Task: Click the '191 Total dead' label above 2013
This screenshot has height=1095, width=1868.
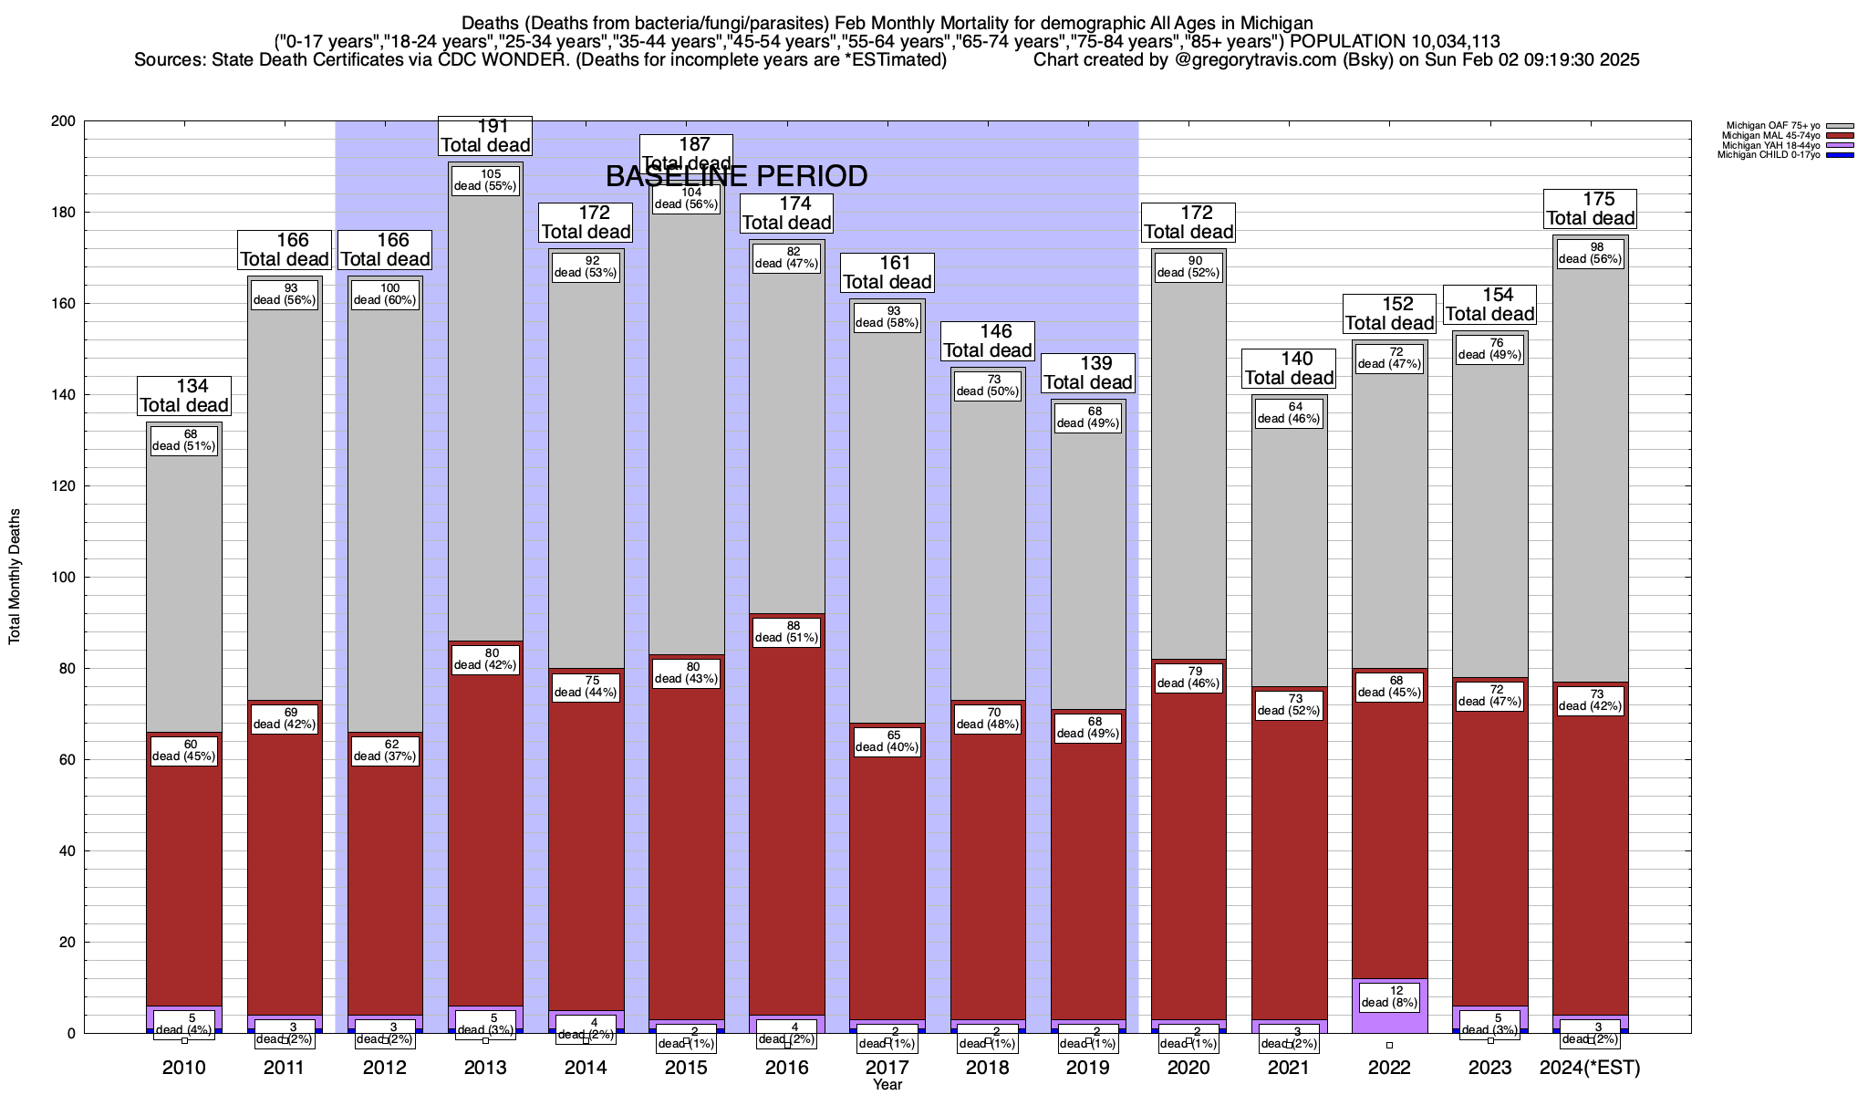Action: (x=485, y=136)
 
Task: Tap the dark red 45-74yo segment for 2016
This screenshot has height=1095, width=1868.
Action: (x=786, y=821)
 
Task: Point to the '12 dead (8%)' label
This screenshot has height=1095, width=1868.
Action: (x=1389, y=996)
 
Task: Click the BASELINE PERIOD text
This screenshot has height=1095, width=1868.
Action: (x=736, y=176)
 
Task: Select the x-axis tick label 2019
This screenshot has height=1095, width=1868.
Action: (x=1088, y=1068)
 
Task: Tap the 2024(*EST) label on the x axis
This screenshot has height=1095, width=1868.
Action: (x=1590, y=1068)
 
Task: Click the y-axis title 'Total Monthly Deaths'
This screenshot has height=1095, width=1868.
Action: (x=15, y=576)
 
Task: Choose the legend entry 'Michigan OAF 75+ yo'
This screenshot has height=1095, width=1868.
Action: (x=1769, y=126)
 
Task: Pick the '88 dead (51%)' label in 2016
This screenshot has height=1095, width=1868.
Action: (x=786, y=631)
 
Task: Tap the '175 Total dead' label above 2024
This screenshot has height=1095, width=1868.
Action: (x=1590, y=209)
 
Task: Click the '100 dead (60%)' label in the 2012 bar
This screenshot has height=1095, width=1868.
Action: (x=384, y=294)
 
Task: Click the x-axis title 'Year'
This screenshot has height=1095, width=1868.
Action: (x=887, y=1084)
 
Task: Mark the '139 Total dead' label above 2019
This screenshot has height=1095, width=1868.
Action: (x=1088, y=373)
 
